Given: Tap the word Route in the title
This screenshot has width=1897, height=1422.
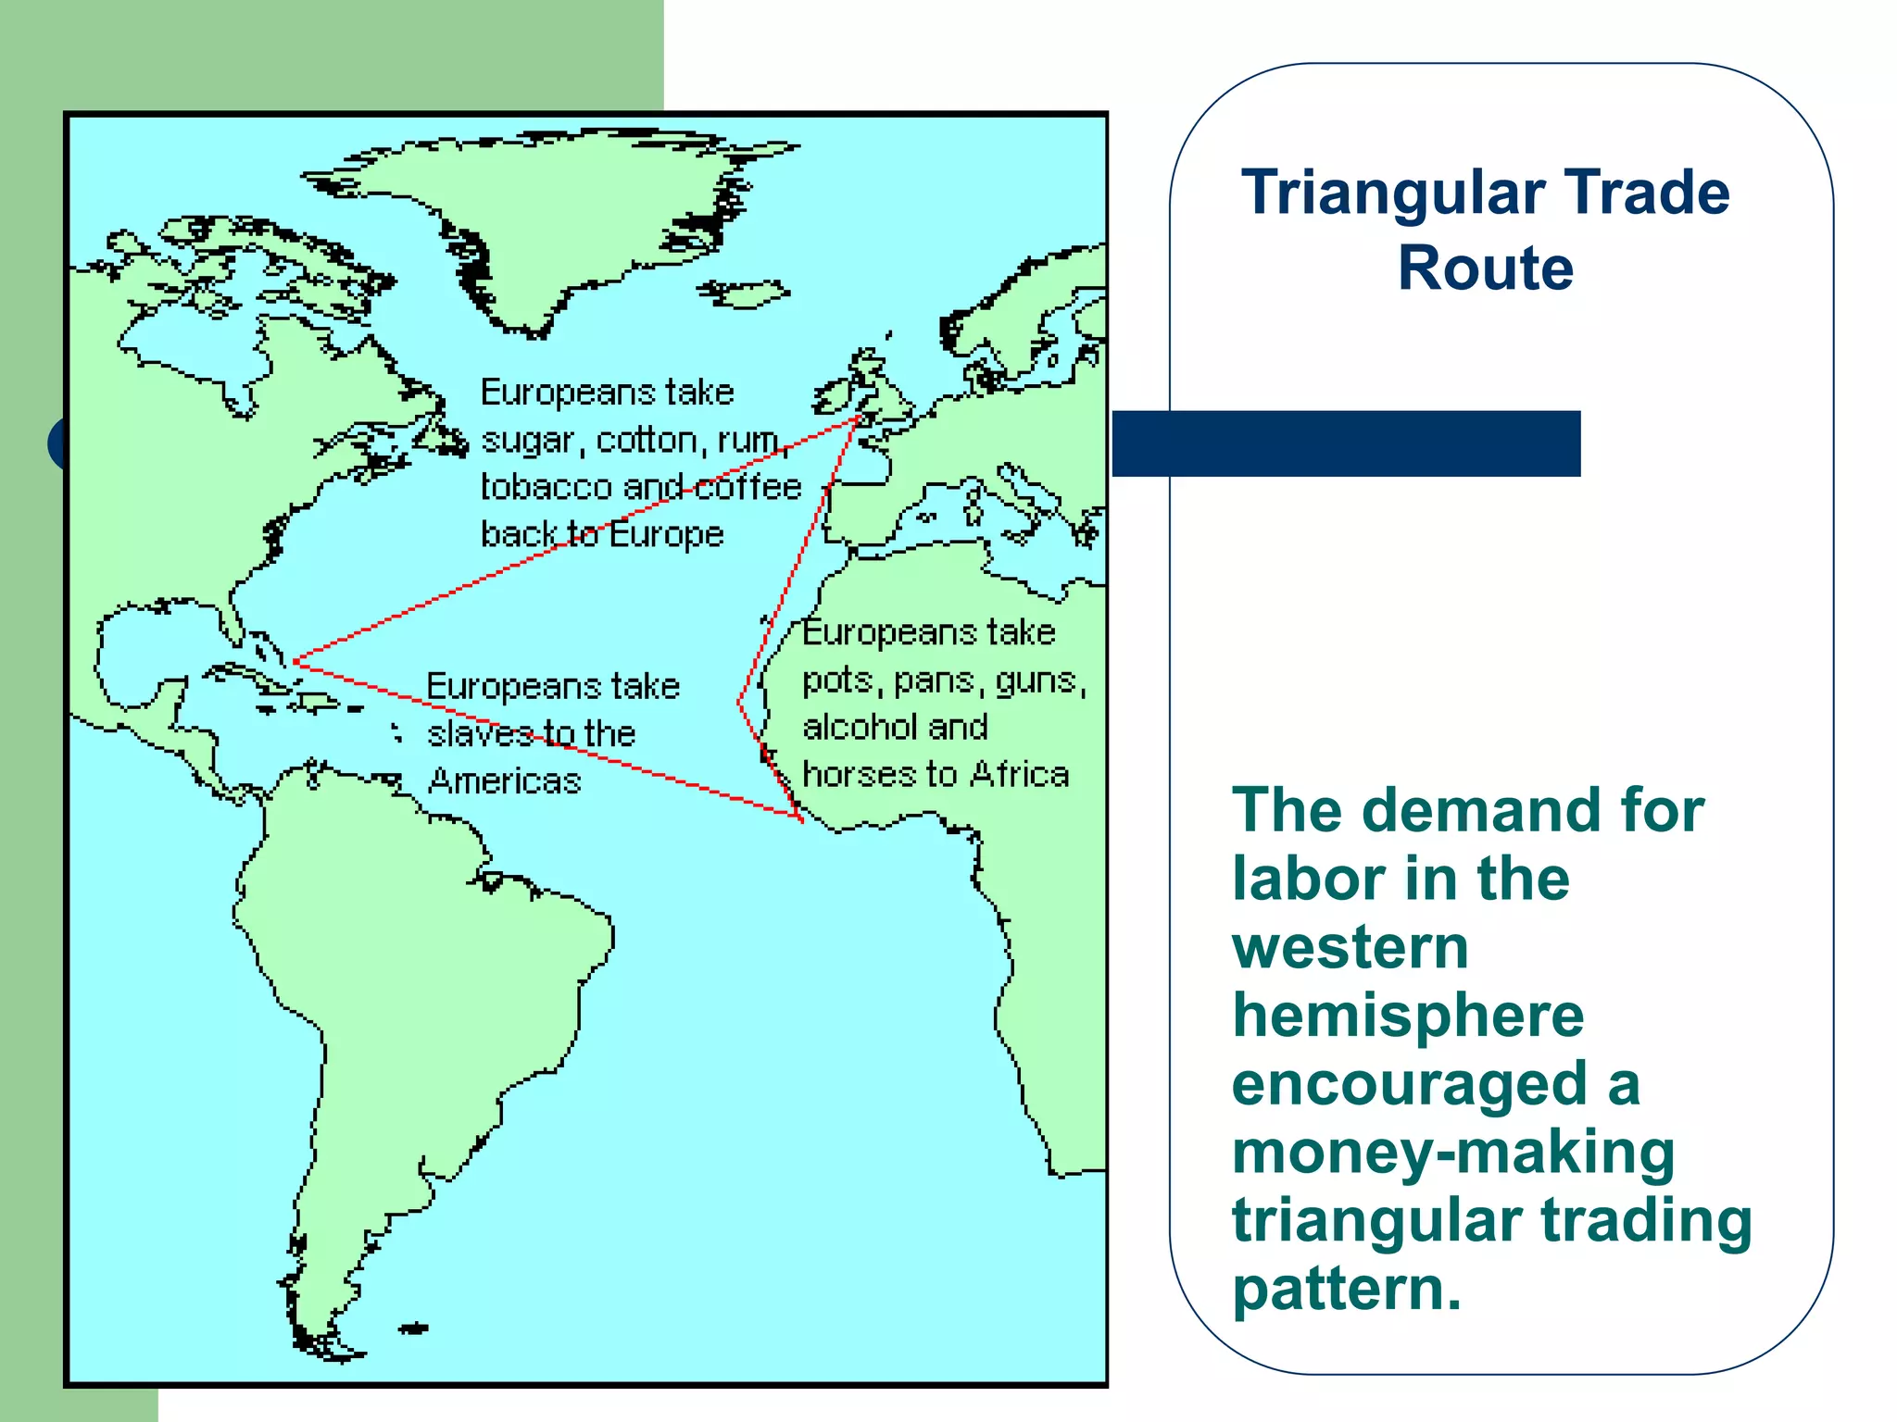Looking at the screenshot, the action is click(x=1486, y=268).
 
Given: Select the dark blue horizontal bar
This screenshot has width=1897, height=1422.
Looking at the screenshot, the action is click(x=1346, y=443).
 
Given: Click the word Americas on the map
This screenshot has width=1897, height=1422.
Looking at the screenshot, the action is click(x=505, y=781).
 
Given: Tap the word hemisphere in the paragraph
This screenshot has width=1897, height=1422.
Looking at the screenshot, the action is click(x=1408, y=1016).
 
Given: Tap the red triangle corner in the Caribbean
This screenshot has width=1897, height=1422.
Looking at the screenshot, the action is click(x=295, y=661).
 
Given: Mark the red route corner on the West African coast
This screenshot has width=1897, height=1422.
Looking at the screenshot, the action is click(x=800, y=818).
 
